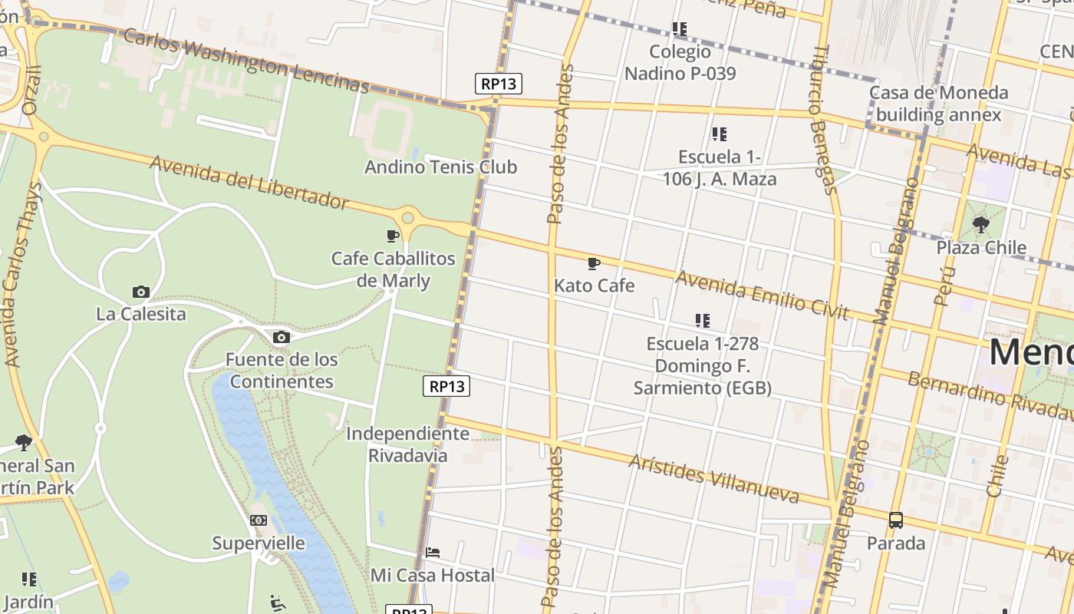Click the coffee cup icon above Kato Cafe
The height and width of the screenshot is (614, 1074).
[593, 264]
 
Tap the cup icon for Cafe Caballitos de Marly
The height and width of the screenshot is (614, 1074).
[393, 236]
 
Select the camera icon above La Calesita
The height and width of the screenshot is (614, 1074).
[140, 292]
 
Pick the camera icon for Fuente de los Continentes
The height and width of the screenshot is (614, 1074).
[281, 337]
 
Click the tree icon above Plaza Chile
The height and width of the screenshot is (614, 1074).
[980, 225]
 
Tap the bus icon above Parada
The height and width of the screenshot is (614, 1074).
[895, 520]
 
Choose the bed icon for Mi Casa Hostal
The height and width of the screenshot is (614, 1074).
[433, 553]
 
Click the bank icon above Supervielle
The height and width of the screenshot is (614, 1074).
[259, 520]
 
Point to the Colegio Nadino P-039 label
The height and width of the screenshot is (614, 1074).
[680, 63]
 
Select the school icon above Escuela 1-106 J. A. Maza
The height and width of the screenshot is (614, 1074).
[719, 134]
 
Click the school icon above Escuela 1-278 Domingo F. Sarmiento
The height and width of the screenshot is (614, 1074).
[702, 320]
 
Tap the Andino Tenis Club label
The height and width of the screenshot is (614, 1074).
[440, 167]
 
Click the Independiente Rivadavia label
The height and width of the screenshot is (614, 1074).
[407, 444]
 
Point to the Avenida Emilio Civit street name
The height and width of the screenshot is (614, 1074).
[762, 295]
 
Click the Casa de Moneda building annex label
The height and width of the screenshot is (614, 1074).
[938, 104]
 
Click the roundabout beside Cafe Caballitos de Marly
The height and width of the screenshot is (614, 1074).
[408, 218]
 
